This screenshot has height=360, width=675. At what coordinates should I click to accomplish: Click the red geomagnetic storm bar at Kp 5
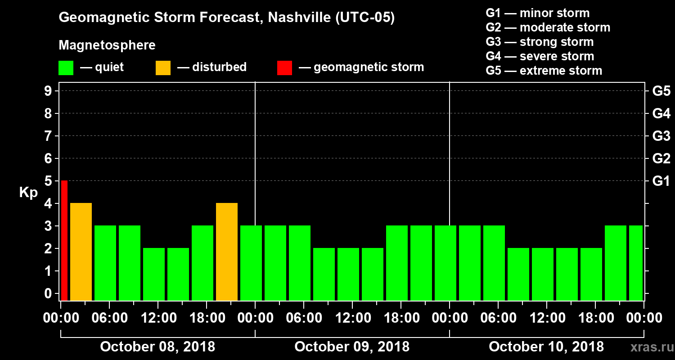64,240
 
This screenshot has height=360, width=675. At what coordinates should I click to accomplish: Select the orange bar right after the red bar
81,252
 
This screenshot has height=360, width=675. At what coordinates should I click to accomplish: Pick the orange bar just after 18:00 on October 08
227,252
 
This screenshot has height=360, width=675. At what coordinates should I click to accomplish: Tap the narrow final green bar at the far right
635,263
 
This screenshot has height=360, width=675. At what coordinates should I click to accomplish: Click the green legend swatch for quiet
66,67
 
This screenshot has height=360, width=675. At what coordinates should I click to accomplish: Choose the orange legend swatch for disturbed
163,67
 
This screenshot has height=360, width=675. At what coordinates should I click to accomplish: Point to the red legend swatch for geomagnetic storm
284,67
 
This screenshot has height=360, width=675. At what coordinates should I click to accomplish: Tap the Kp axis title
28,193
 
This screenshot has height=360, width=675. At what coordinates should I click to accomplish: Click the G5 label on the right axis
661,91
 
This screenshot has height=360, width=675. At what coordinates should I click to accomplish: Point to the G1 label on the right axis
661,181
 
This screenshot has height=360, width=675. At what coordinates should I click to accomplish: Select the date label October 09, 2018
352,346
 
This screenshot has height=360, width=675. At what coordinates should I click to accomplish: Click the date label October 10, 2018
546,346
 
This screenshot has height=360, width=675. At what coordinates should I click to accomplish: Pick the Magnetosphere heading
107,45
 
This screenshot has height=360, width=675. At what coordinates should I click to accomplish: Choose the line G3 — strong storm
540,42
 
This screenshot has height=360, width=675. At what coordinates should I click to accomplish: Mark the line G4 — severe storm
540,56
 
